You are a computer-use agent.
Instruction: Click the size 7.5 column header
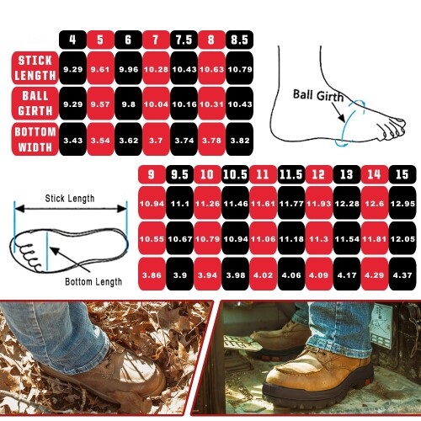pos(184,40)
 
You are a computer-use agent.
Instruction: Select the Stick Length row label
pos(35,68)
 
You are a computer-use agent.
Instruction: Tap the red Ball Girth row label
pos(35,104)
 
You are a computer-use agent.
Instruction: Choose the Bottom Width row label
pos(35,139)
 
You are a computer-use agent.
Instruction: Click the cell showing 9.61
pos(100,68)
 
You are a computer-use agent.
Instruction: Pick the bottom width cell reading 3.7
pos(156,139)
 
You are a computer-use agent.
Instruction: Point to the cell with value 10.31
pos(211,104)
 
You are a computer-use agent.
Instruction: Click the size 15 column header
pos(402,174)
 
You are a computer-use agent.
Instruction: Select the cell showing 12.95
pos(402,203)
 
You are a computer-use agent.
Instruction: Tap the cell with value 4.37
pos(402,274)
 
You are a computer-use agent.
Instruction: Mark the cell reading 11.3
pos(319,238)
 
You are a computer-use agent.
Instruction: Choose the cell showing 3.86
pos(152,274)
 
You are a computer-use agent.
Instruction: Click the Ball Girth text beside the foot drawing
pos(318,95)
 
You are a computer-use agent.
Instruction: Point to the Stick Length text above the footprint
pos(70,199)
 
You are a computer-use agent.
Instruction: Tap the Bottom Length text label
pos(93,282)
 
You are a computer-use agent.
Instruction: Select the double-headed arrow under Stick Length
pos(71,209)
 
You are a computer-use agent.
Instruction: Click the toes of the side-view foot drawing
pos(393,128)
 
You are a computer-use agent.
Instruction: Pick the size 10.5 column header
pos(235,174)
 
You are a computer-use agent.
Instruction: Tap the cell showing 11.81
pos(375,238)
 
